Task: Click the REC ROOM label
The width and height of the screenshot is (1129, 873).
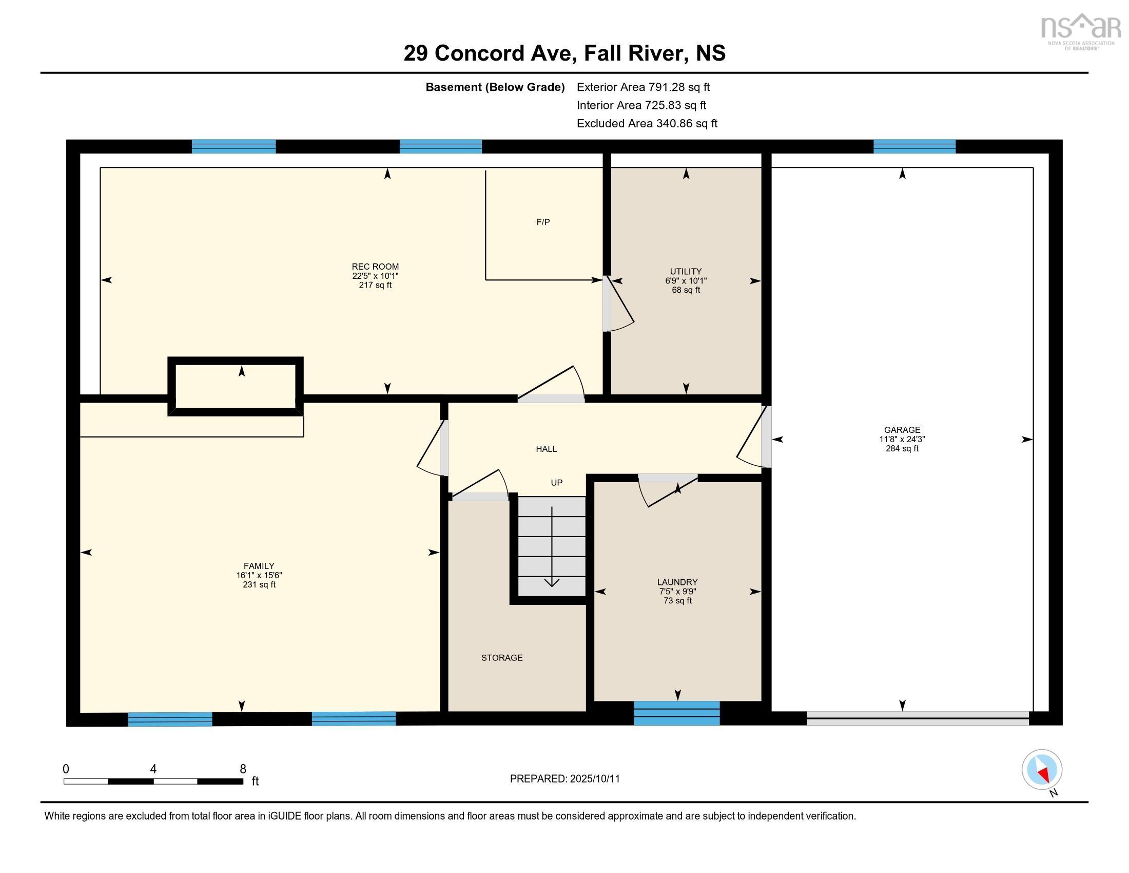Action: [x=375, y=267]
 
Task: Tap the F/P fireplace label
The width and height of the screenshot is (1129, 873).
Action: [x=543, y=222]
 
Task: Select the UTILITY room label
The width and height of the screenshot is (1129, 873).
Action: [x=686, y=272]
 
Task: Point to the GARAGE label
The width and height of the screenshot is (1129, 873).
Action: [x=902, y=430]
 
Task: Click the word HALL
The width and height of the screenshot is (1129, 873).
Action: [x=547, y=449]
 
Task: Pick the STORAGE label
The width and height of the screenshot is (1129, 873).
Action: [x=502, y=658]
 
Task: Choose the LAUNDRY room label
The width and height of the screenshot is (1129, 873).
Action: [x=678, y=582]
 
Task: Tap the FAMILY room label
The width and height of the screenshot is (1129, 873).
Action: [x=259, y=566]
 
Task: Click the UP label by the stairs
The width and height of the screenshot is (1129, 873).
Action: [x=557, y=483]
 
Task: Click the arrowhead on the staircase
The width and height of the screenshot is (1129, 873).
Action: [x=552, y=582]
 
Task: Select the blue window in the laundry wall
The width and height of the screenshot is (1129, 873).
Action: [x=677, y=713]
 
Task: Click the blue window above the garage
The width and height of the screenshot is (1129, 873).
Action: [x=914, y=147]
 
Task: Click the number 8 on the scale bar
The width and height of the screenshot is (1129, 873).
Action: [x=243, y=769]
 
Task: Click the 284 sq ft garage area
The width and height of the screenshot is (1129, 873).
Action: [x=902, y=448]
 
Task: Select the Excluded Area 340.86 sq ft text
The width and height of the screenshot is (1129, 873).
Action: [x=647, y=124]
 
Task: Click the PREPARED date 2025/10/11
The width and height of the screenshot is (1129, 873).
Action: [x=594, y=779]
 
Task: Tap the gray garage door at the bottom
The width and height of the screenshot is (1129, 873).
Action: [x=918, y=718]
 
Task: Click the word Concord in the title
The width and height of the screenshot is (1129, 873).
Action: [x=479, y=53]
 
